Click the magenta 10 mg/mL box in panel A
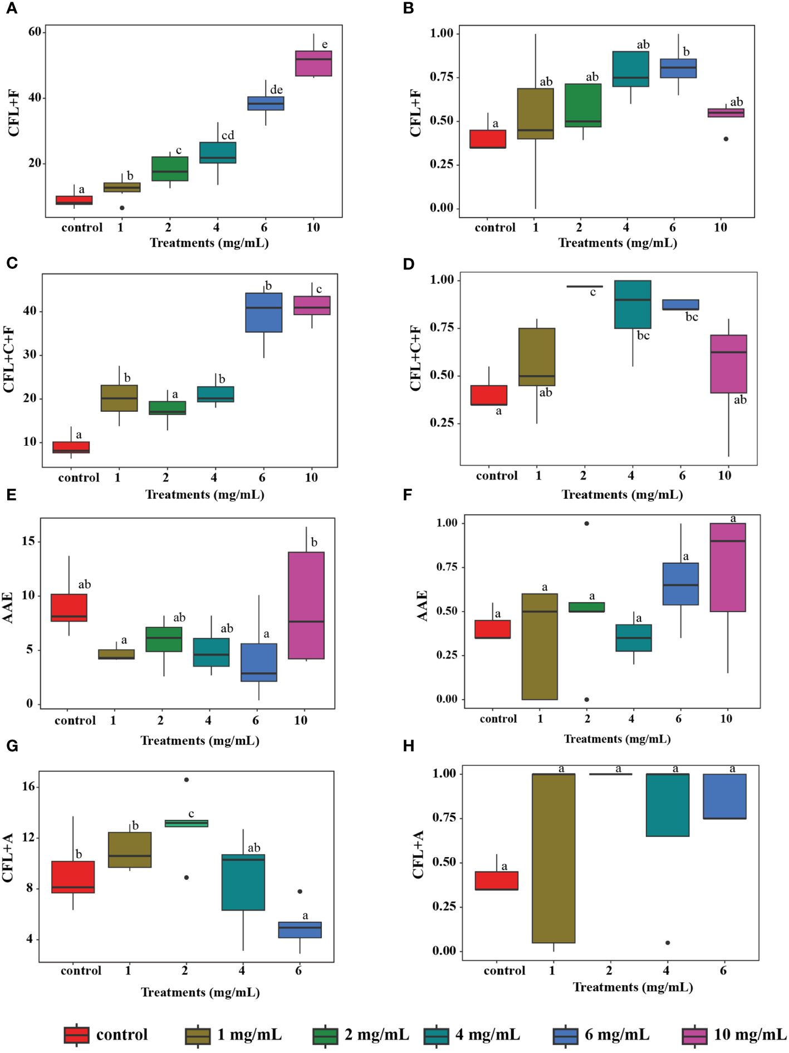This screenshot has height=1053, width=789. pyautogui.click(x=313, y=63)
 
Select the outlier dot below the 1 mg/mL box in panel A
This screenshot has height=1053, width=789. pyautogui.click(x=122, y=208)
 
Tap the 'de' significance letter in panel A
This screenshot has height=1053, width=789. pyautogui.click(x=276, y=90)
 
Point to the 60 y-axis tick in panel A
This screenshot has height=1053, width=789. pyautogui.click(x=35, y=32)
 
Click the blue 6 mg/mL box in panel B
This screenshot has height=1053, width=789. pyautogui.click(x=678, y=68)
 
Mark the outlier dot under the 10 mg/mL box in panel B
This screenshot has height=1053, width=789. pyautogui.click(x=726, y=139)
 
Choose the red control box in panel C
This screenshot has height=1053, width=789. pyautogui.click(x=71, y=447)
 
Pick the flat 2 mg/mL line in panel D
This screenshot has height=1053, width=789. pyautogui.click(x=584, y=286)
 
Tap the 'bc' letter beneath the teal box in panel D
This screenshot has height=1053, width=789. pyautogui.click(x=643, y=336)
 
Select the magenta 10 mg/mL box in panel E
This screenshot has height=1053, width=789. pyautogui.click(x=306, y=605)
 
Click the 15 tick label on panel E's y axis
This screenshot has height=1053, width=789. pyautogui.click(x=28, y=541)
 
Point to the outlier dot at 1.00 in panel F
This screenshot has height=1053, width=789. pyautogui.click(x=586, y=523)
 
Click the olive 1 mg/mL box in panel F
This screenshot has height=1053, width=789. pyautogui.click(x=540, y=646)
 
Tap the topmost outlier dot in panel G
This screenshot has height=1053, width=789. pyautogui.click(x=187, y=780)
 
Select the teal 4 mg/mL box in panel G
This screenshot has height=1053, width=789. pyautogui.click(x=243, y=882)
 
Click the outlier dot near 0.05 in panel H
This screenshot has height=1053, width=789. pyautogui.click(x=668, y=943)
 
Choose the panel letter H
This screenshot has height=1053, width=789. pyautogui.click(x=409, y=746)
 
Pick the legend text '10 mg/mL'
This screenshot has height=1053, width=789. pyautogui.click(x=750, y=1035)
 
